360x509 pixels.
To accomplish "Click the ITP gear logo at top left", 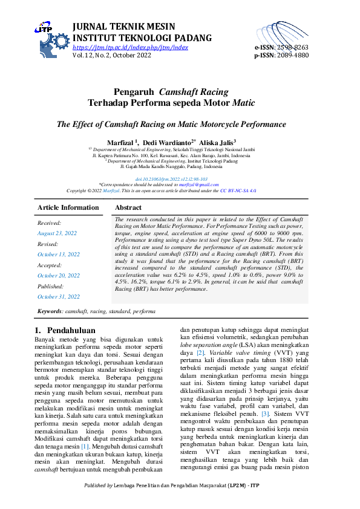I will tap(51, 37).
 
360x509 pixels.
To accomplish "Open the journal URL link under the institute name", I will tap(130, 47).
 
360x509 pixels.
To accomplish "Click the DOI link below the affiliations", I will tap(180, 162).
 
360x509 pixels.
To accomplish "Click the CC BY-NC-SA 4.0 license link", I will tap(238, 173).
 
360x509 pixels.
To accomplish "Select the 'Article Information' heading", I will tap(68, 207).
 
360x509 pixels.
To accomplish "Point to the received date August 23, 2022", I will tap(57, 233).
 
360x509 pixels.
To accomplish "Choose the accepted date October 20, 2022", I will tap(58, 275).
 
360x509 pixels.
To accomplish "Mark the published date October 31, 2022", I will tap(58, 296).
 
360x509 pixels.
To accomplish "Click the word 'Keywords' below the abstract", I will tap(50, 311).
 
